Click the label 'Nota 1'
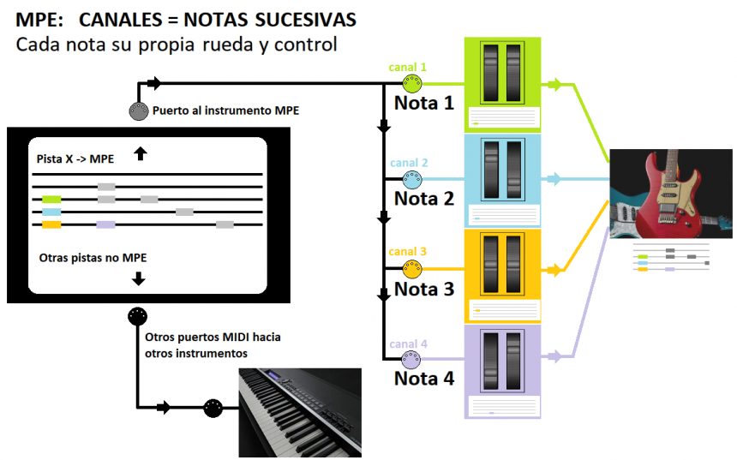pos(423,104)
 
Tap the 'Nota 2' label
pos(423,199)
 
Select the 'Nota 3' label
pos(423,289)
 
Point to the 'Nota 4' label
pos(423,378)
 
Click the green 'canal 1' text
pos(407,67)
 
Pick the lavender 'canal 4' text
pos(408,344)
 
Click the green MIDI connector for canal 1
pos(413,84)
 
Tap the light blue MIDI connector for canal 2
pos(413,180)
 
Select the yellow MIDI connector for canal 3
pos(413,270)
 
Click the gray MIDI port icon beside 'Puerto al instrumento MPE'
pos(137,111)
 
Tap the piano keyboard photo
pos(299,412)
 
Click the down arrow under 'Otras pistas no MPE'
pos(139,278)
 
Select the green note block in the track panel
pos(51,200)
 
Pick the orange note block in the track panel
pos(51,224)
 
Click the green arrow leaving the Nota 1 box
pos(554,84)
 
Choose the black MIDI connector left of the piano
pos(213,408)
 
